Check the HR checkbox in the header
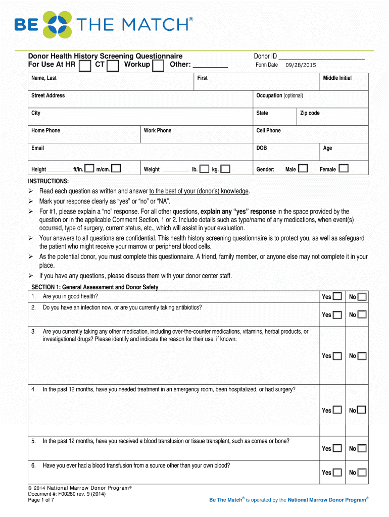click(x=85, y=66)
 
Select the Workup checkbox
click(x=158, y=66)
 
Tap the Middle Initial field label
click(x=337, y=78)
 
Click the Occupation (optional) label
click(x=279, y=95)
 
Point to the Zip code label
click(x=310, y=113)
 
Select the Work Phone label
click(x=158, y=130)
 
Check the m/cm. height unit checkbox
click(x=116, y=168)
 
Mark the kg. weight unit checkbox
click(x=225, y=169)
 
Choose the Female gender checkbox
click(x=344, y=168)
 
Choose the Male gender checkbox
click(x=303, y=168)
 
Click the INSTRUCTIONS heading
click(x=48, y=181)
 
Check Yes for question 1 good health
click(x=337, y=296)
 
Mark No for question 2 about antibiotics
click(x=362, y=315)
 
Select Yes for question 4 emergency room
click(x=337, y=410)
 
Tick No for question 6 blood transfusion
click(x=362, y=473)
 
